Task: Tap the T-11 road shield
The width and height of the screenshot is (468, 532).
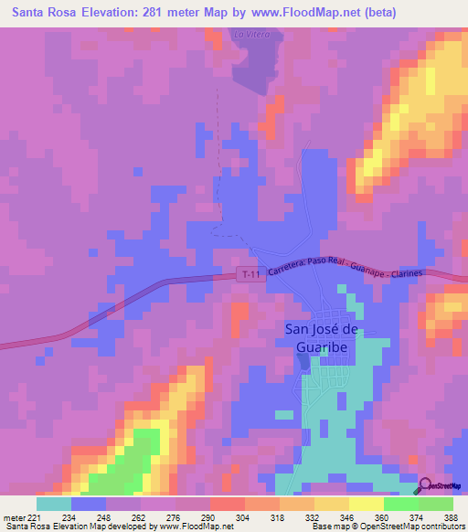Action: [250, 274]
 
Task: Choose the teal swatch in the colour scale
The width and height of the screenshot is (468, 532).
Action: [54, 504]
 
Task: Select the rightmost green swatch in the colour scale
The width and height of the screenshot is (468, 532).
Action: [436, 504]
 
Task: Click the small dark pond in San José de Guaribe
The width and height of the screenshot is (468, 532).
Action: [303, 362]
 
